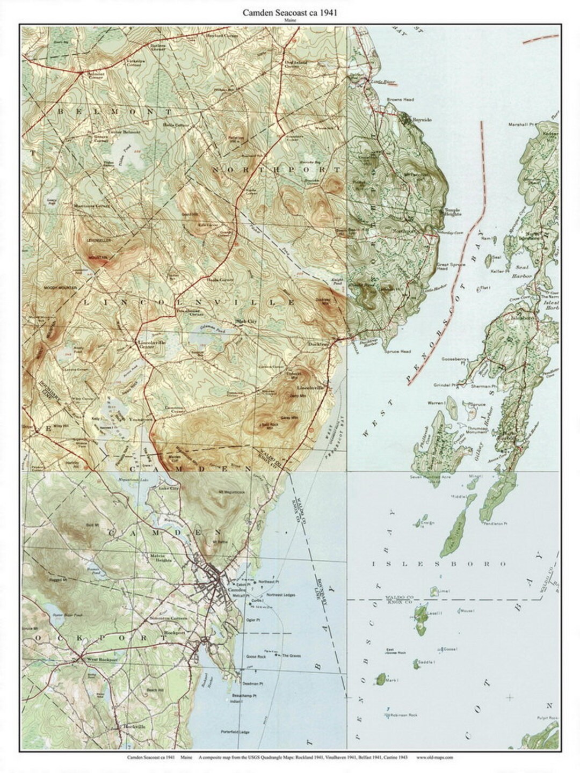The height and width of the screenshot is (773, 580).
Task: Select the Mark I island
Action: coord(380,679)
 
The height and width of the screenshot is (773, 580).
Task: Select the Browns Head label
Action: coord(400,100)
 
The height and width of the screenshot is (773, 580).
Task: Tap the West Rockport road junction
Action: coord(80,658)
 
